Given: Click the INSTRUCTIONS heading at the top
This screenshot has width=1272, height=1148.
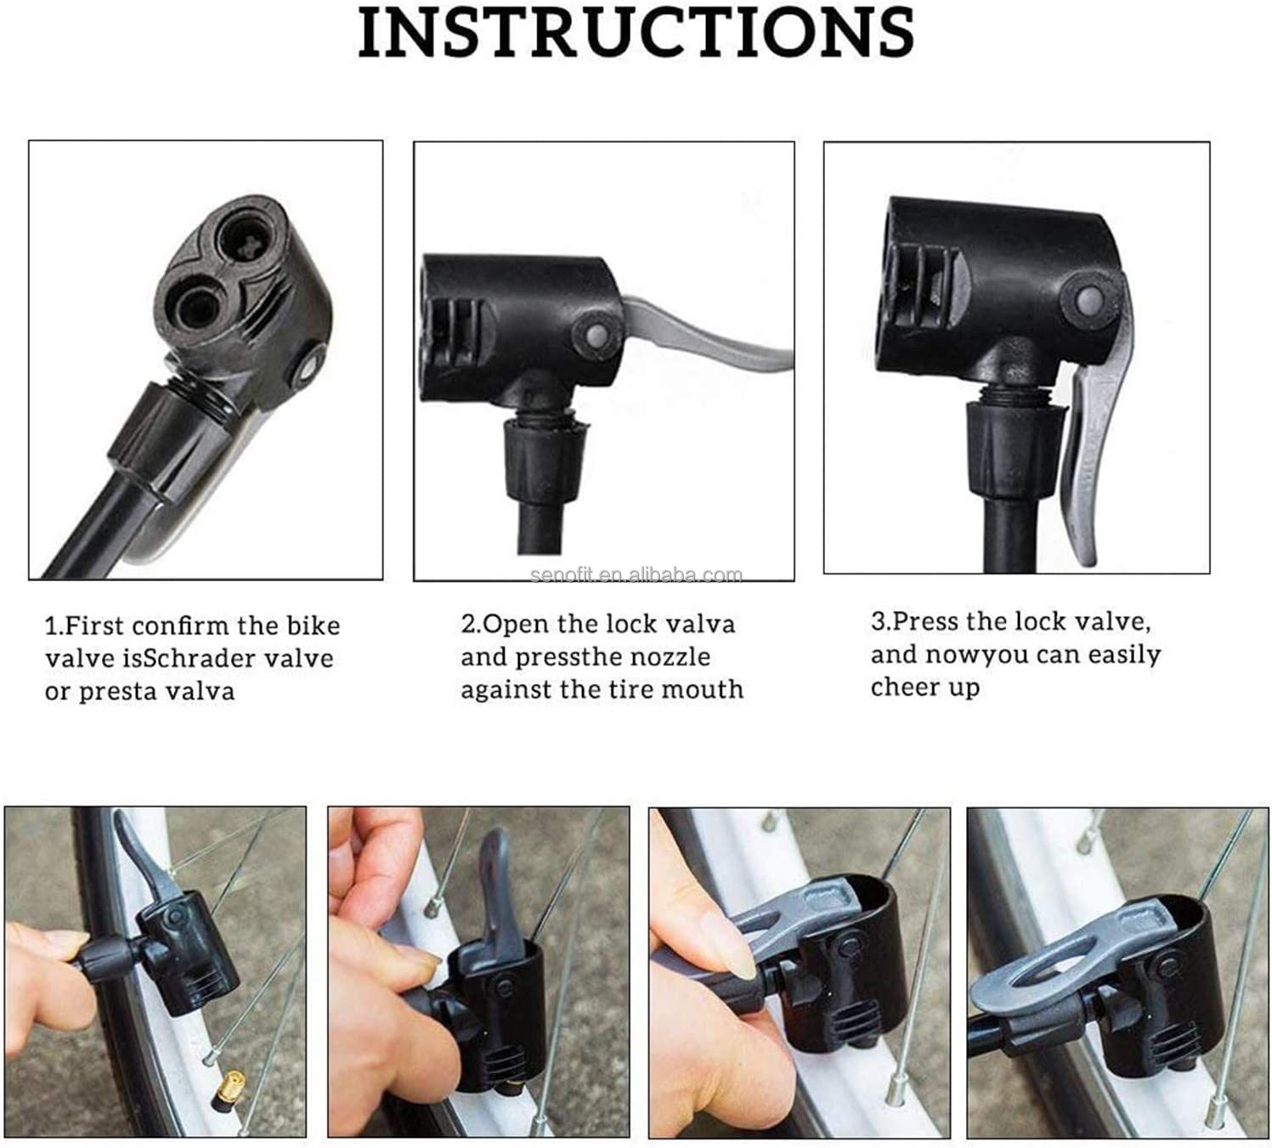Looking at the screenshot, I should (x=636, y=32).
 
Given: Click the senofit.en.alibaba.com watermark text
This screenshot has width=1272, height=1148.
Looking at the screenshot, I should (x=636, y=575).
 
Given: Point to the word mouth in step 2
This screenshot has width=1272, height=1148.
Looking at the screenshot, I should (x=701, y=689).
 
